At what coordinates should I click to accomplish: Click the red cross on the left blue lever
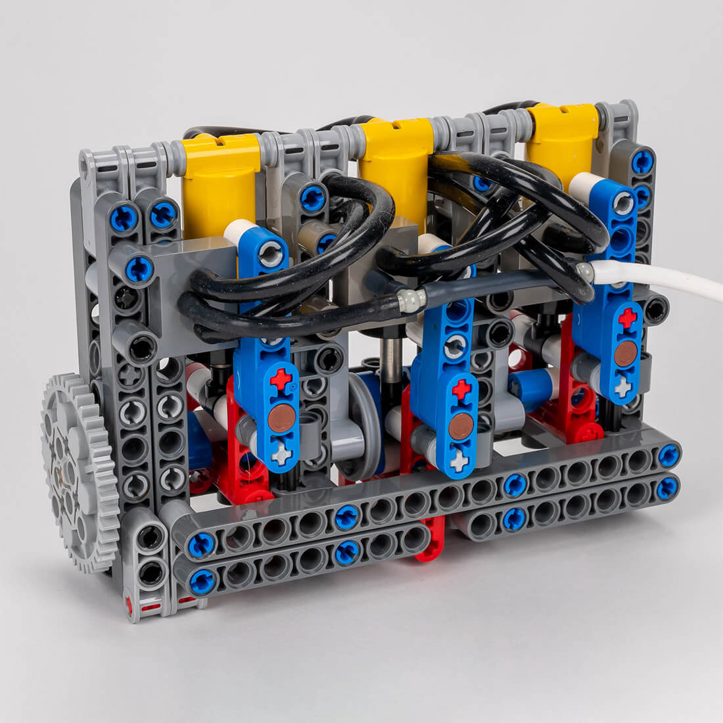[x=281, y=379]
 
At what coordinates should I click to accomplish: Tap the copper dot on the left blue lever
[x=281, y=418]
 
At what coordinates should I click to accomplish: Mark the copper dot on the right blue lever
[x=625, y=353]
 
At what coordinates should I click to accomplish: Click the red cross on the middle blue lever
[x=461, y=389]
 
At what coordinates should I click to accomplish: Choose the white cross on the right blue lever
[x=622, y=387]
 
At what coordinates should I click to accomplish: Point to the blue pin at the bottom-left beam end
[x=202, y=581]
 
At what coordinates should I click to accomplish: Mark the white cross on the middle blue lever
[x=459, y=461]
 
